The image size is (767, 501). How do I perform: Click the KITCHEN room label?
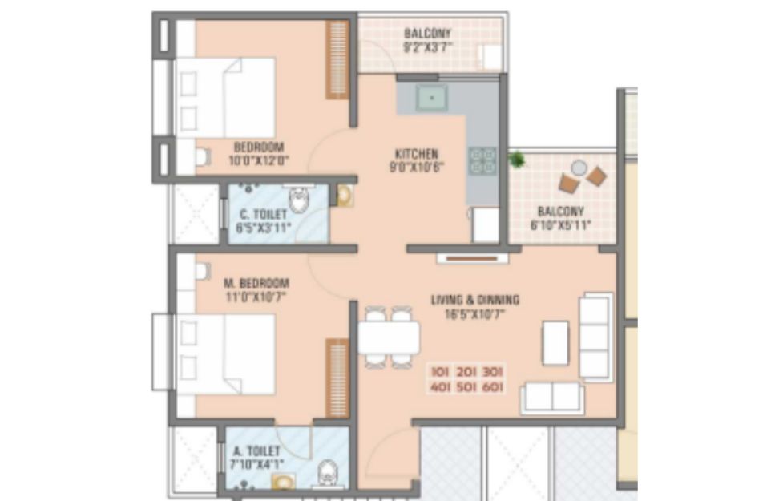click(x=416, y=153)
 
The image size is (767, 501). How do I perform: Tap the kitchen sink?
click(x=431, y=98)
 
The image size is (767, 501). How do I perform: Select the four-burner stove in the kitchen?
click(x=482, y=161)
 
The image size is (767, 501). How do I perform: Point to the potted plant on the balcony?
click(x=516, y=160)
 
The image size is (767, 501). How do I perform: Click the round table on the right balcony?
click(x=579, y=168)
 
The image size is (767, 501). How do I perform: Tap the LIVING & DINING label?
click(x=475, y=300)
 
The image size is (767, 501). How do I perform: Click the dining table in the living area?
click(x=389, y=337)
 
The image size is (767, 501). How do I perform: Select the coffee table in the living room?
click(x=555, y=343)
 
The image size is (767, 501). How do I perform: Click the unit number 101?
click(x=440, y=372)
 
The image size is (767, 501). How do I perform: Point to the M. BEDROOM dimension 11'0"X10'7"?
click(x=256, y=297)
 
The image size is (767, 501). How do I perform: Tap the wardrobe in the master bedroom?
click(x=337, y=378)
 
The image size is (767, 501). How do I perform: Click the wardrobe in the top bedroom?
click(x=337, y=59)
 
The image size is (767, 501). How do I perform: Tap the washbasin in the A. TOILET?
click(x=284, y=482)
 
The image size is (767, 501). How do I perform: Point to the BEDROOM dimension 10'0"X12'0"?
click(x=259, y=160)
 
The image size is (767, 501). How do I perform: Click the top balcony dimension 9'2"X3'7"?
click(x=427, y=47)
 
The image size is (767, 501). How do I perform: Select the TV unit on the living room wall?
click(x=473, y=258)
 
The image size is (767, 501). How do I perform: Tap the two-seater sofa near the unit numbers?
click(x=552, y=398)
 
